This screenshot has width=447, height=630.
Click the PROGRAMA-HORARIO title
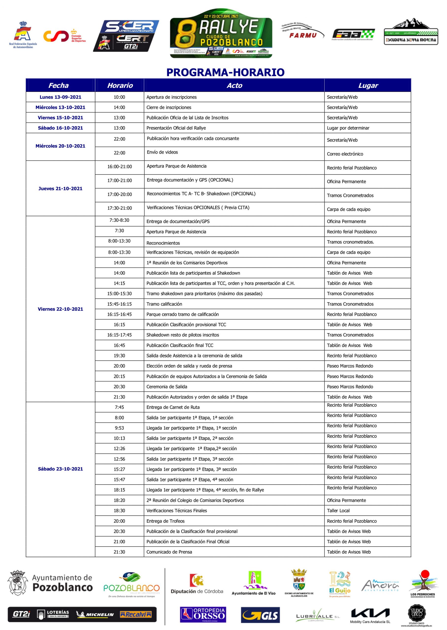[225, 72]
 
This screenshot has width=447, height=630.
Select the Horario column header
[120, 86]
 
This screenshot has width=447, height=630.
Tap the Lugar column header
[368, 86]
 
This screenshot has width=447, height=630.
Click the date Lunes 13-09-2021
[60, 97]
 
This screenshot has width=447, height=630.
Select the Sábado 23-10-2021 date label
[60, 469]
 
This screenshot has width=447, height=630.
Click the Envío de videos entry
[162, 152]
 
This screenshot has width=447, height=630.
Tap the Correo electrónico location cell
[345, 154]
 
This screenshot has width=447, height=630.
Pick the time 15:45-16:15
[119, 304]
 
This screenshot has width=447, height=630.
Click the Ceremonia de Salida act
[167, 387]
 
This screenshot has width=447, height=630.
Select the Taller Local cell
[338, 511]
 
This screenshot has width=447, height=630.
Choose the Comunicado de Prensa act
[169, 552]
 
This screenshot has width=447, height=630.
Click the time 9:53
[119, 428]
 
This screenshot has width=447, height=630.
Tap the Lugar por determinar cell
[348, 128]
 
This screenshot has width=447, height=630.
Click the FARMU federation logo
[302, 31]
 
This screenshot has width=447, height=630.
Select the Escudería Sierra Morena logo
[411, 32]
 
